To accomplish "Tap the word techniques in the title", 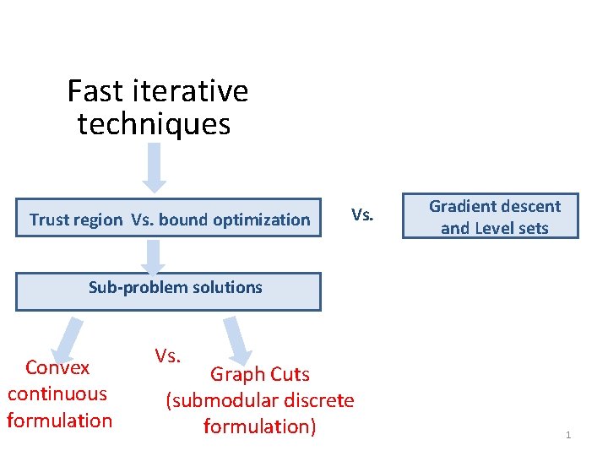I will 154,124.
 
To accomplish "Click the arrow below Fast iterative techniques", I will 154,167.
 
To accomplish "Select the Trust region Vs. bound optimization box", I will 169,220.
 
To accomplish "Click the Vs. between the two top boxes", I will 362,214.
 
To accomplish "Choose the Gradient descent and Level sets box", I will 495,217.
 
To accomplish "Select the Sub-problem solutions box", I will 169,291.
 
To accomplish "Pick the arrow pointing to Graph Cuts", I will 237,339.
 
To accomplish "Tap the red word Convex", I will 57,367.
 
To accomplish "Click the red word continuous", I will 57,394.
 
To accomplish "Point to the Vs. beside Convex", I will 167,356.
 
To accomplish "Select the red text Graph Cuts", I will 260,374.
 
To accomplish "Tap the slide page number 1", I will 568,435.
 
